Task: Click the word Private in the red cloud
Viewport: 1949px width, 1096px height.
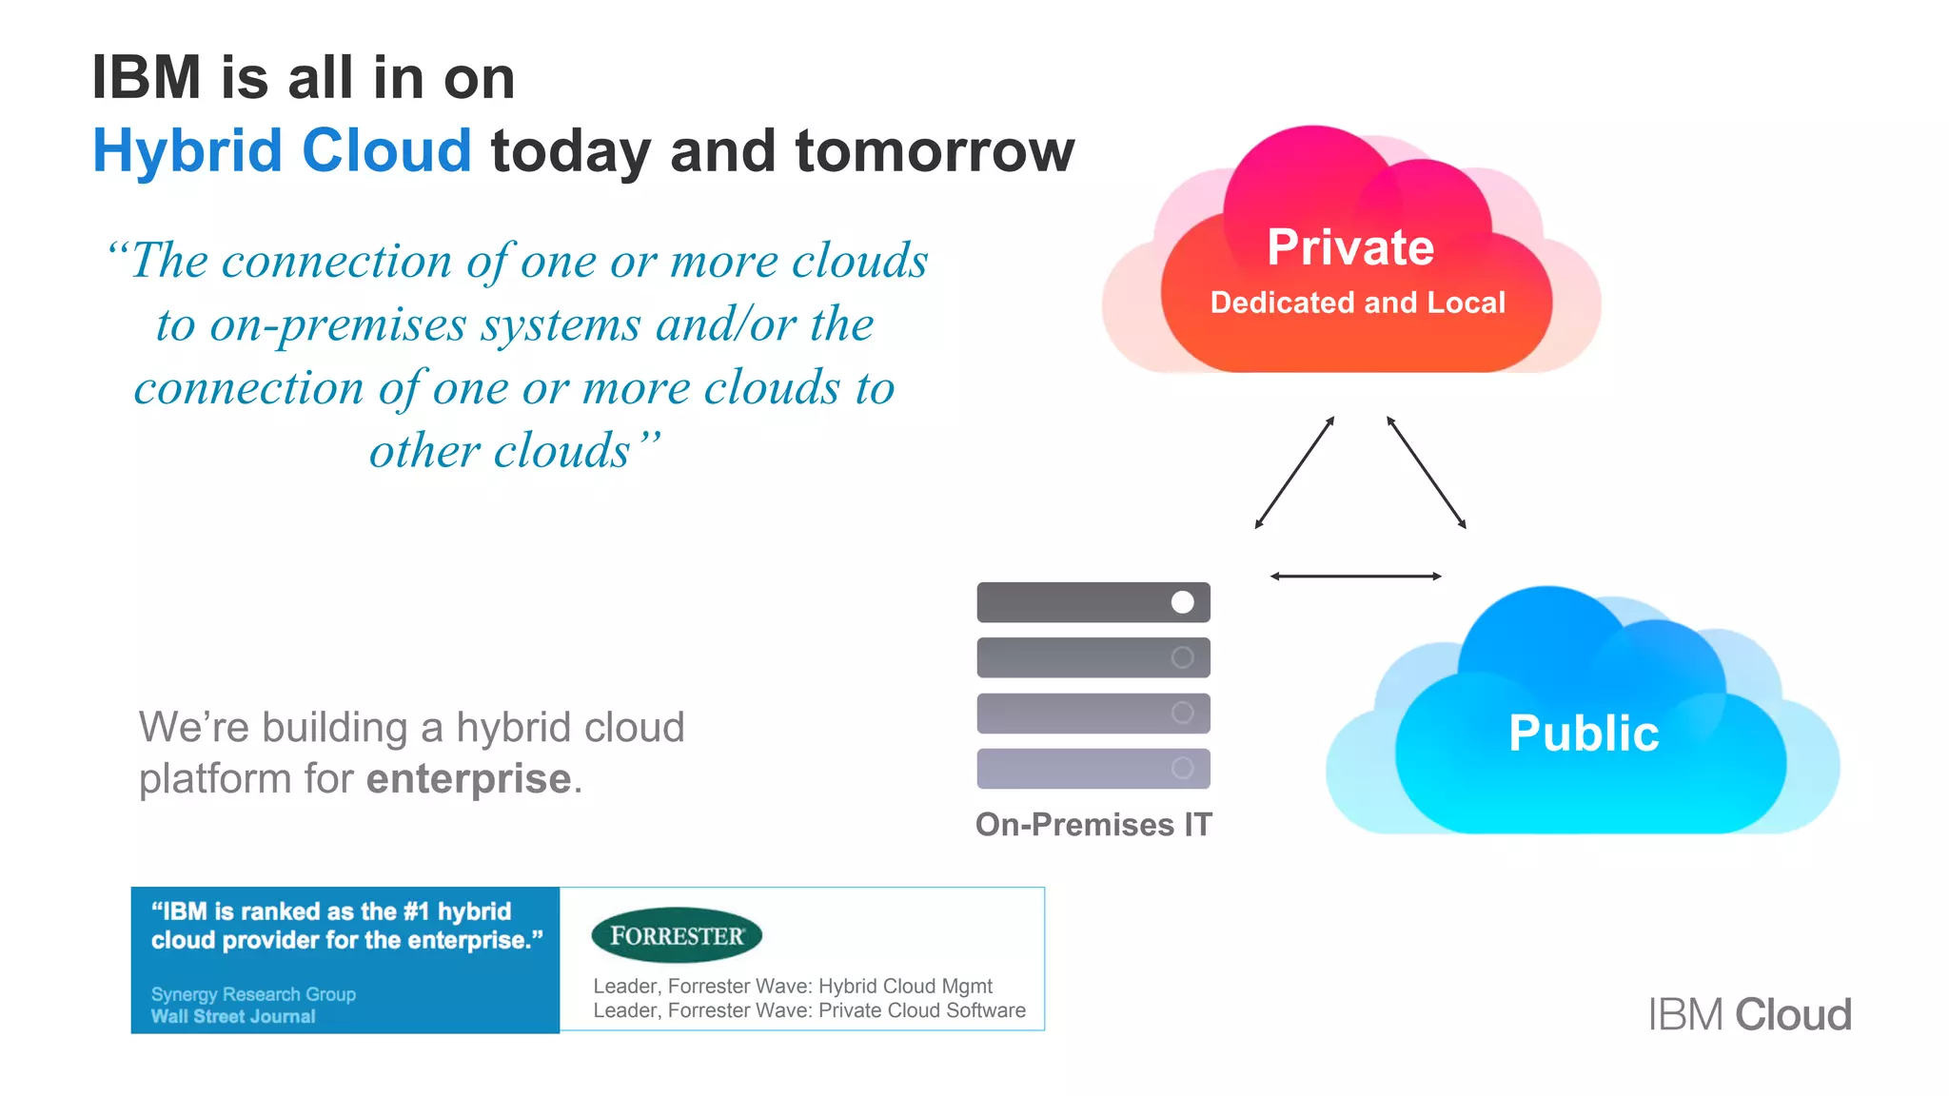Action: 1349,247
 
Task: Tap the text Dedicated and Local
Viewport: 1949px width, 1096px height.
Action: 1357,303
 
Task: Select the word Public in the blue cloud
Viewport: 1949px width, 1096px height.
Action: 1584,734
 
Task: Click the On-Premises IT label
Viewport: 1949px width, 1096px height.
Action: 1093,824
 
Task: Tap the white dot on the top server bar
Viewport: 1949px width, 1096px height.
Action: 1182,602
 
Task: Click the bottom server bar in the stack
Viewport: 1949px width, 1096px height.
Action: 1093,769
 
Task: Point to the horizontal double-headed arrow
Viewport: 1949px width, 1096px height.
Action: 1355,576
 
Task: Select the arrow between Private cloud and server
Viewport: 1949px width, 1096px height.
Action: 1294,473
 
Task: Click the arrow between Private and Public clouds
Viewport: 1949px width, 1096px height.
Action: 1426,473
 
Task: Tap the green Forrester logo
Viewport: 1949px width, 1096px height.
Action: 677,935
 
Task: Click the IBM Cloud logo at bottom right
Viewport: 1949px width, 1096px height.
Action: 1749,1014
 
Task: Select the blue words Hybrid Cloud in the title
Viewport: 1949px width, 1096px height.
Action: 282,151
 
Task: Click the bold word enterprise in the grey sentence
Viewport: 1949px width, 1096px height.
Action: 468,779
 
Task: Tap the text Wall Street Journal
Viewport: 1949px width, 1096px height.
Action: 233,1016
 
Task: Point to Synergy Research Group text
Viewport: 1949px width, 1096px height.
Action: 253,993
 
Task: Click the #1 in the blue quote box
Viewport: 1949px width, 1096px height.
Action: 416,911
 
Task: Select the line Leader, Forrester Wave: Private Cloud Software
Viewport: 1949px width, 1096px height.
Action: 809,1010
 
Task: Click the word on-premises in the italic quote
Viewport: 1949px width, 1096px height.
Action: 338,324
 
